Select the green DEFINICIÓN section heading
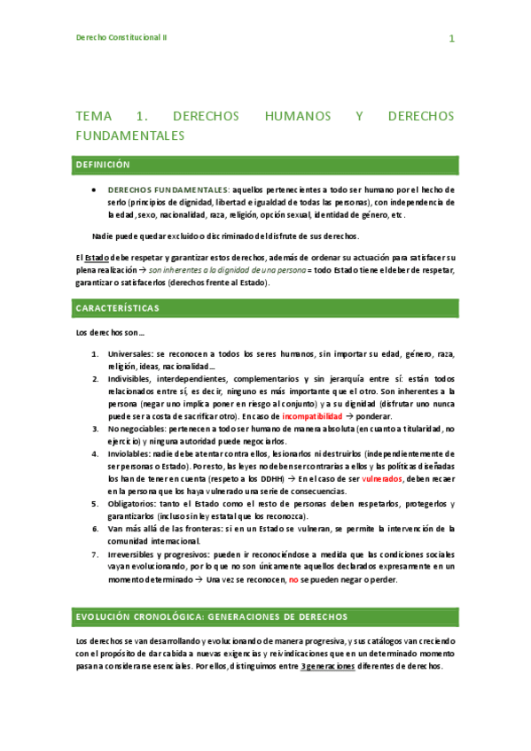coord(103,165)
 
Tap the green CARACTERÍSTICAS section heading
coord(118,307)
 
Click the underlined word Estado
coord(98,257)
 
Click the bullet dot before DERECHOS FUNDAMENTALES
coord(95,190)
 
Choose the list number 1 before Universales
coord(95,353)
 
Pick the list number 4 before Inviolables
coord(95,453)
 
